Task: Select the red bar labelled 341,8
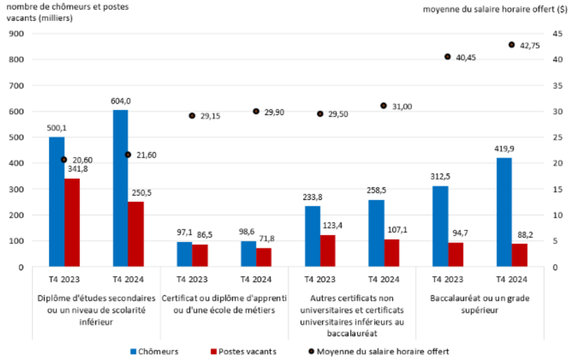pyautogui.click(x=72, y=222)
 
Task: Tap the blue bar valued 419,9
pyautogui.click(x=504, y=212)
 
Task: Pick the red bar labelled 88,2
pyautogui.click(x=520, y=255)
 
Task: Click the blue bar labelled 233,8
pyautogui.click(x=312, y=236)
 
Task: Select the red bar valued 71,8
pyautogui.click(x=264, y=257)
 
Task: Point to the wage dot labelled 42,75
pyautogui.click(x=512, y=45)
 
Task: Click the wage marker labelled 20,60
pyautogui.click(x=64, y=160)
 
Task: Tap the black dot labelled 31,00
pyautogui.click(x=384, y=106)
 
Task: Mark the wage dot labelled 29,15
pyautogui.click(x=192, y=116)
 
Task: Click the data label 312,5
pyautogui.click(x=440, y=178)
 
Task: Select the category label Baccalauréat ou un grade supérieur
pyautogui.click(x=480, y=304)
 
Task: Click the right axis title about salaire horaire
pyautogui.click(x=495, y=9)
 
